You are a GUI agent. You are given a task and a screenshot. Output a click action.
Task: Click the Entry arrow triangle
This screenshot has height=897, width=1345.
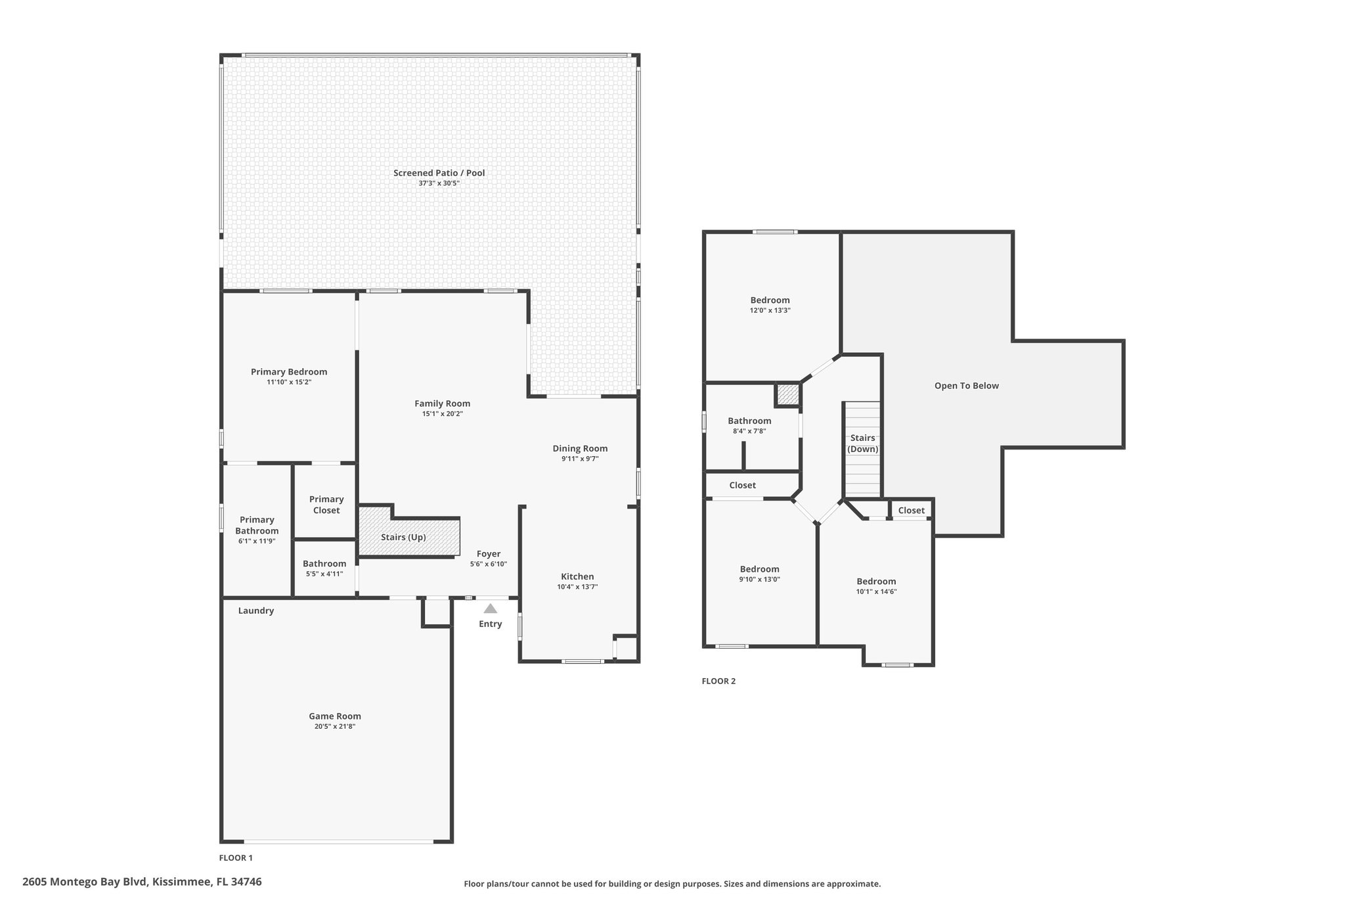[491, 609]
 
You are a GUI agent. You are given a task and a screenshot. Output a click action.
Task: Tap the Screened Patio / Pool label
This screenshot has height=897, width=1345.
[439, 173]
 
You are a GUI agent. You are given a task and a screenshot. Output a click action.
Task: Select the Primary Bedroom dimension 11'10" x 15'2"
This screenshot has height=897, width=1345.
[289, 382]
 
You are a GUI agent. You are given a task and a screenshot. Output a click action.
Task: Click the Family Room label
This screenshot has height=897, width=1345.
[443, 403]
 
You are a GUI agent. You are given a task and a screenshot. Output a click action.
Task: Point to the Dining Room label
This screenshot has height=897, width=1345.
[580, 449]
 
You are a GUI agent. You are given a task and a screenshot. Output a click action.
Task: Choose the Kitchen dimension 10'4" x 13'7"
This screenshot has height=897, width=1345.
[577, 587]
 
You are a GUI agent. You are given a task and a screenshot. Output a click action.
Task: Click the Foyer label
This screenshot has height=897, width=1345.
[489, 554]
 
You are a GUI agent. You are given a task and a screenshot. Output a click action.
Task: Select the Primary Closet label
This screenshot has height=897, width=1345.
[326, 505]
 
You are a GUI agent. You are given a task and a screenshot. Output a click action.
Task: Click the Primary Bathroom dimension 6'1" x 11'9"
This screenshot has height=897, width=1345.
[257, 541]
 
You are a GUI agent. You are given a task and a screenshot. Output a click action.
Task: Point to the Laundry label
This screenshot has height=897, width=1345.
[256, 610]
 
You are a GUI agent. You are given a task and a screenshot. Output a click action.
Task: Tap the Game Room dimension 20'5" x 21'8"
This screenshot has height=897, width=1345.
[335, 727]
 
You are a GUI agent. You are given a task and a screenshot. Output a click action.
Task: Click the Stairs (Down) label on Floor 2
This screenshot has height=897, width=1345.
[863, 444]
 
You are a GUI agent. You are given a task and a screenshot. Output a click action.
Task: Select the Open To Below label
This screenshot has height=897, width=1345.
[967, 386]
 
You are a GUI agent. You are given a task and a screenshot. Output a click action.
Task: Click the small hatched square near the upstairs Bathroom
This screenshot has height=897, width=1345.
[787, 394]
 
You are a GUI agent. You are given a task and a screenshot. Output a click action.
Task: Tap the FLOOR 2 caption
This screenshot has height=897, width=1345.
[718, 681]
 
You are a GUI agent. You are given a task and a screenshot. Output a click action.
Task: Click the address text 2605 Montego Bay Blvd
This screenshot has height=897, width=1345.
[85, 882]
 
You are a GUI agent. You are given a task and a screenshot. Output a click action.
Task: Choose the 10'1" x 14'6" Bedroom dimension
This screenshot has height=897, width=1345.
[876, 591]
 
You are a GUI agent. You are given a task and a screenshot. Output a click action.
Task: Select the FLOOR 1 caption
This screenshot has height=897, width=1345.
[236, 858]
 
